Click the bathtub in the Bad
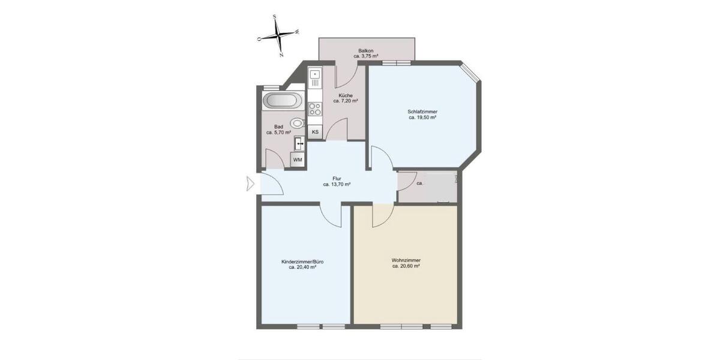click(283, 101)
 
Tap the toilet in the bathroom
click(297, 124)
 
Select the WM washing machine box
click(298, 159)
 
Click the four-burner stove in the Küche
click(315, 109)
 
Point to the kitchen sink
click(315, 78)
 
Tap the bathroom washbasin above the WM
click(299, 144)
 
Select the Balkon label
click(365, 50)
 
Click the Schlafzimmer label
click(422, 112)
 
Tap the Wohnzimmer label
click(406, 260)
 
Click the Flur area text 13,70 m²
click(337, 185)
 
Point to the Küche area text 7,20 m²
click(346, 101)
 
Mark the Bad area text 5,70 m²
click(278, 132)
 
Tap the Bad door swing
click(275, 158)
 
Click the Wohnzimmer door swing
click(381, 216)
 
